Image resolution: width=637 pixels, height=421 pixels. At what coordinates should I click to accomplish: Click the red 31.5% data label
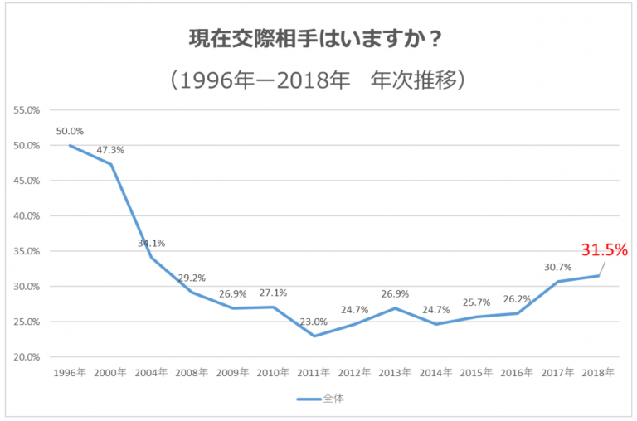coord(603,249)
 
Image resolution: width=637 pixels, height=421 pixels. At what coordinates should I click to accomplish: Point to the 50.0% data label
coord(70,131)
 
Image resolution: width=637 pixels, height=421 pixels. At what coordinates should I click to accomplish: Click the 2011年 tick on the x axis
coord(314,373)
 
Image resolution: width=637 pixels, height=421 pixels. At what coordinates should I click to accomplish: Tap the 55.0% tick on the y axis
coord(27,109)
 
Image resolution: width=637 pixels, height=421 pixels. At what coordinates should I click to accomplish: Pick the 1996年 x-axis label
coord(69,373)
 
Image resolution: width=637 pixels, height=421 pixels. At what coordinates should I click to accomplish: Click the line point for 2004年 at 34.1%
coord(151,257)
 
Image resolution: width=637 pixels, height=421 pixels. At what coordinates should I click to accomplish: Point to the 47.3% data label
coord(110,150)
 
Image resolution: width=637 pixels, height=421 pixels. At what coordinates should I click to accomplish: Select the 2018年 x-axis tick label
coord(598,373)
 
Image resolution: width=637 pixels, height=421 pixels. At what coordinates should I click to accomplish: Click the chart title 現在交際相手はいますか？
coord(318,39)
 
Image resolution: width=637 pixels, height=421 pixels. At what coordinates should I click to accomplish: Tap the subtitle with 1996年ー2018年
coord(318,80)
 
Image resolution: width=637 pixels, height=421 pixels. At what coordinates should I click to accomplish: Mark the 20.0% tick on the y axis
coord(27,357)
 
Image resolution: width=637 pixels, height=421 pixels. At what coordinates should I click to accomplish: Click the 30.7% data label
coord(557,267)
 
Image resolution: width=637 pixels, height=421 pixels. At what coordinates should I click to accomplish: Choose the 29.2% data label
coord(192,278)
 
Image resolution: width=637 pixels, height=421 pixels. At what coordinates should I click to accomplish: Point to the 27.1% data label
coord(273,293)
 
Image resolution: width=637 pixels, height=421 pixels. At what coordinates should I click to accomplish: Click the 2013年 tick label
coord(395,373)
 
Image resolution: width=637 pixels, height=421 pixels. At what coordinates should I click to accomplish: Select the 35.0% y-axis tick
coord(27,251)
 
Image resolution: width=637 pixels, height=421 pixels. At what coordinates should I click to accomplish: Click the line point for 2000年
coord(110,164)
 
